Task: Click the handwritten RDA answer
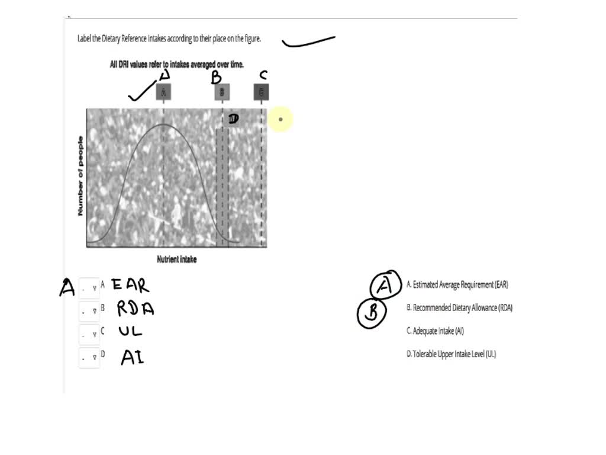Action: tap(135, 309)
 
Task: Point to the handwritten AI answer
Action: tap(133, 357)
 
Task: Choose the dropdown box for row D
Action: tap(89, 357)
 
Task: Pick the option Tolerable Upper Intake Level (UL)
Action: tap(451, 354)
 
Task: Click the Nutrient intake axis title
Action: tap(176, 259)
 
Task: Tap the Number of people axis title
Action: tap(80, 176)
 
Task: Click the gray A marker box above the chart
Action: tap(164, 92)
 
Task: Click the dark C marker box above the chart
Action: tap(261, 92)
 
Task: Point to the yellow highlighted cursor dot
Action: tap(281, 120)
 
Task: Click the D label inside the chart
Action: tap(233, 118)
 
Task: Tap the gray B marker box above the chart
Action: tap(222, 92)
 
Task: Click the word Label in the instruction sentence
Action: tap(85, 39)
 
